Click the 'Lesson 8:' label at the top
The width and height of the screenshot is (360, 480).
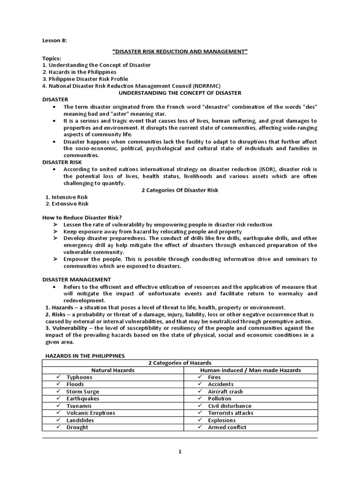54,41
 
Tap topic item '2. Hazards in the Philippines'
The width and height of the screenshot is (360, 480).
79,72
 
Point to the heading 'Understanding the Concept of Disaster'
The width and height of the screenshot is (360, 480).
180,93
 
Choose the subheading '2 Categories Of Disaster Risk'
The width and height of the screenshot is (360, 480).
180,190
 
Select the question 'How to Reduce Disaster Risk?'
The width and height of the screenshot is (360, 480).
82,217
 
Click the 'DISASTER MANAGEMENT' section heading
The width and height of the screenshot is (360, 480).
70,279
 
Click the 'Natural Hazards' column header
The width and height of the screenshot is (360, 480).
113,370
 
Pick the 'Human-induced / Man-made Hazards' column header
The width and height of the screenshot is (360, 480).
250,370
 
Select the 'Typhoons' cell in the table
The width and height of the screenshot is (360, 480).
79,377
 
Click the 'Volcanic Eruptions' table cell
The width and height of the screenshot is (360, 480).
90,413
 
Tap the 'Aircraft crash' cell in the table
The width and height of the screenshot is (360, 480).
225,391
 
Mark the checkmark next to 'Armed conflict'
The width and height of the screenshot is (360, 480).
200,427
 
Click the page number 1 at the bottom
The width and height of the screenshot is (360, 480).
180,452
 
